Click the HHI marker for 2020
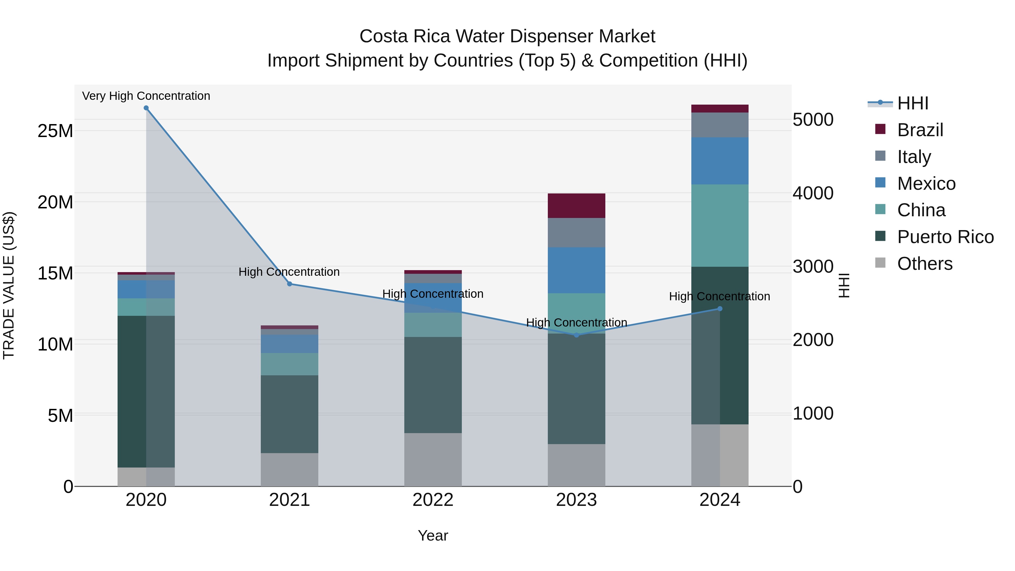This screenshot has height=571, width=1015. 146,108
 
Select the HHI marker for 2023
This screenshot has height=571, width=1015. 577,335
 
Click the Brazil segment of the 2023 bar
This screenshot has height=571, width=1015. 577,206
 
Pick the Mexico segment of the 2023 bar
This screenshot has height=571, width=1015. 577,270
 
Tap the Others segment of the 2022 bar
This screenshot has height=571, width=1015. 433,460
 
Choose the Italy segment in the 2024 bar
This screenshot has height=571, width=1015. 720,125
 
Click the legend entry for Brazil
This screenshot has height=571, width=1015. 920,130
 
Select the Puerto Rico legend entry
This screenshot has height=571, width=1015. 945,237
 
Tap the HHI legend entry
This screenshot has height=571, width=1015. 913,103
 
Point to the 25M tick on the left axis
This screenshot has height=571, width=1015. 55,131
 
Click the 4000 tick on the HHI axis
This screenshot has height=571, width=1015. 813,193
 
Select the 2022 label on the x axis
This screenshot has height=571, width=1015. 433,500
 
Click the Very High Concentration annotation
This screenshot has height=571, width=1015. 146,96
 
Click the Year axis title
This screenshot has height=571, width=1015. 433,535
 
